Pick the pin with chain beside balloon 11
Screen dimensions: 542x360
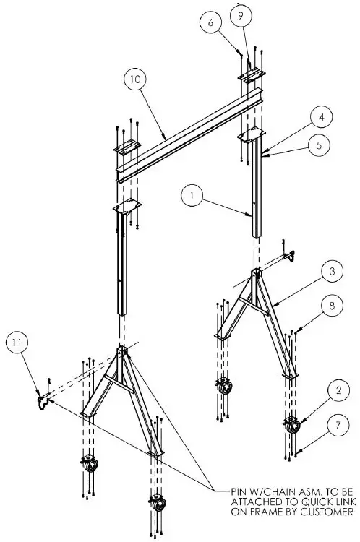coord(41,398)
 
